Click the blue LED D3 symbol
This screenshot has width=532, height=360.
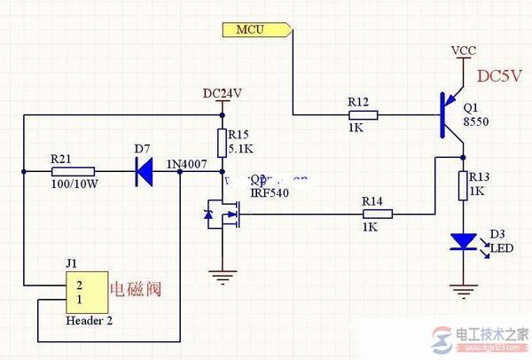(461, 240)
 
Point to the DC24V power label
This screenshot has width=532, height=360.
(223, 93)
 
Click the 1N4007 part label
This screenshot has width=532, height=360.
(185, 163)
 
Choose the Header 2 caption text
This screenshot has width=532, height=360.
(89, 322)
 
